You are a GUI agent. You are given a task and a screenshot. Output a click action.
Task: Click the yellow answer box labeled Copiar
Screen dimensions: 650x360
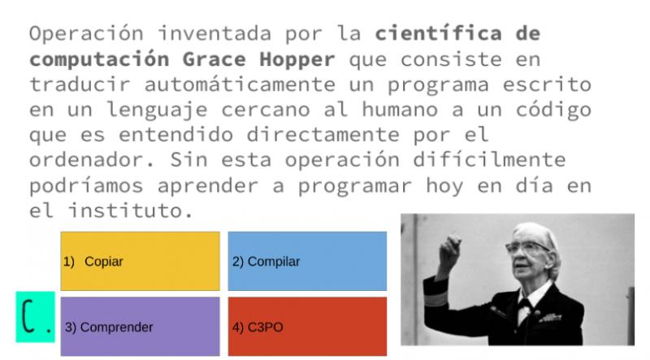(140, 262)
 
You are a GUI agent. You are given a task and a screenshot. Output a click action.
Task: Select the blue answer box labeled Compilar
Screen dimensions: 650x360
(307, 262)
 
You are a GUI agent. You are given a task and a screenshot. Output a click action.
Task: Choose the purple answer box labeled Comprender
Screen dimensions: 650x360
(140, 327)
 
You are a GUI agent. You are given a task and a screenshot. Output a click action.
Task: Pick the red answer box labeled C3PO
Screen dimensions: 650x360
(307, 327)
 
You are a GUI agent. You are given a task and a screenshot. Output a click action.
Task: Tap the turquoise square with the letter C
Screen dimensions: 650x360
(35, 317)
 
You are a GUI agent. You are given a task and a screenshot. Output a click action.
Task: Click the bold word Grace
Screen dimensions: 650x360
(214, 59)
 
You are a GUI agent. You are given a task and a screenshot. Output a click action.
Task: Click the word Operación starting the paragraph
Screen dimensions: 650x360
(86, 34)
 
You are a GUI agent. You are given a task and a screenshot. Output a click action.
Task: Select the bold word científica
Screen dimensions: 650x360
(438, 33)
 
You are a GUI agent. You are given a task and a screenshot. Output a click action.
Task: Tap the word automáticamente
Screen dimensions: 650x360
(240, 85)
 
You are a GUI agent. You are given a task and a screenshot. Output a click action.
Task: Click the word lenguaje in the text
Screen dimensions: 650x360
(157, 111)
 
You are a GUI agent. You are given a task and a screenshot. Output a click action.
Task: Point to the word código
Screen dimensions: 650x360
(553, 111)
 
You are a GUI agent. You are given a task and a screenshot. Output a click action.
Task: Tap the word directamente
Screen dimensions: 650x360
(323, 135)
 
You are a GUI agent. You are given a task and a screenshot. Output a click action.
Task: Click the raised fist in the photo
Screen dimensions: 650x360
(451, 248)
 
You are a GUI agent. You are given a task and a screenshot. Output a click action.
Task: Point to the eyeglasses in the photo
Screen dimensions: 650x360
(526, 248)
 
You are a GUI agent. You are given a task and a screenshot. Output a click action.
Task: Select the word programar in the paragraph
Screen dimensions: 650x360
(355, 186)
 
